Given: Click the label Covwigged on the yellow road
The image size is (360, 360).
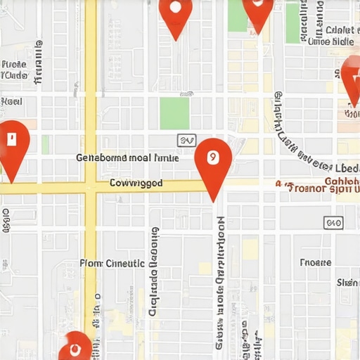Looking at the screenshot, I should click(x=136, y=184).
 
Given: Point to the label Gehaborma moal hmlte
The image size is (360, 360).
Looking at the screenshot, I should click(x=127, y=158).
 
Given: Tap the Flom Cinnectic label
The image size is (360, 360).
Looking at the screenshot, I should click(x=112, y=263).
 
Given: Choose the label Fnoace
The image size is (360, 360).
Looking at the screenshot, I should click(x=315, y=262).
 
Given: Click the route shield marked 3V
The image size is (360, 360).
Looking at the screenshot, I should click(x=186, y=141).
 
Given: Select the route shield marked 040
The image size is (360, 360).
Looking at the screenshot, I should click(x=333, y=223).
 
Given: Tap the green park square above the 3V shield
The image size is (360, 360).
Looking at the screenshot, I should click(x=174, y=112).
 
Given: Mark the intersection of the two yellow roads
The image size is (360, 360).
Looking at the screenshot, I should click(x=91, y=186).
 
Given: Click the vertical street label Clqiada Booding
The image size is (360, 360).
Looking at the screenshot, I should click(x=154, y=271).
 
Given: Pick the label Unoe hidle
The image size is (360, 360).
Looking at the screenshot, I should click(x=330, y=41).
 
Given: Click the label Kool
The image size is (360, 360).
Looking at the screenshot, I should click(x=11, y=101).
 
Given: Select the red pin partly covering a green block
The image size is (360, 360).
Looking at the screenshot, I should click(x=257, y=13).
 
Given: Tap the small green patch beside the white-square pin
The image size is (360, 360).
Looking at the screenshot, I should click(x=45, y=144).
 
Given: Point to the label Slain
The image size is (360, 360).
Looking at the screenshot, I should click(x=348, y=283).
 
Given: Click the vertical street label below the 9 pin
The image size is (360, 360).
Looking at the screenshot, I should click(x=220, y=281).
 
